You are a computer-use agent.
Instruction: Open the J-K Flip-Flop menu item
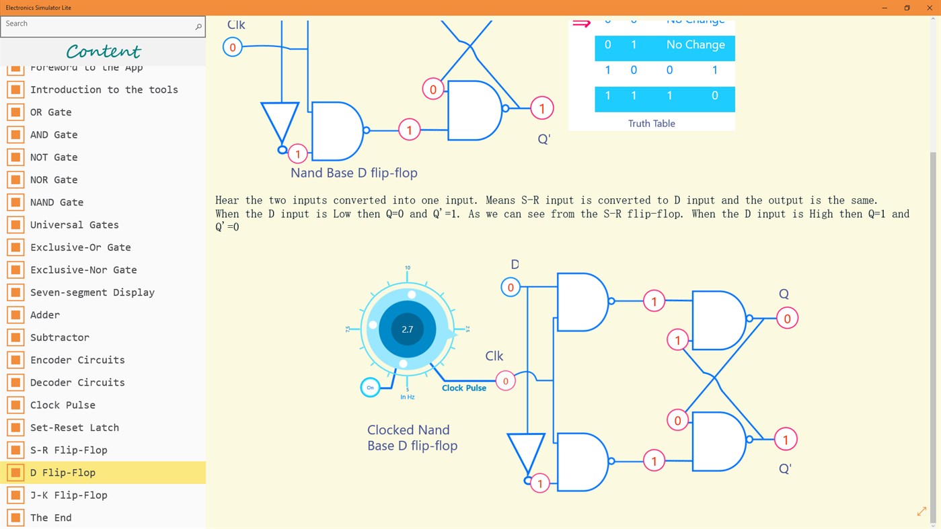[69, 495]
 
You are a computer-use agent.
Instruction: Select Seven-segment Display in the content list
[92, 292]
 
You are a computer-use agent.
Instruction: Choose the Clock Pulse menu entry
[63, 405]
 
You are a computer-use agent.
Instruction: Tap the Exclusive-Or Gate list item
[80, 247]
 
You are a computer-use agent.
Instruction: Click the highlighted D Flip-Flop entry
[63, 473]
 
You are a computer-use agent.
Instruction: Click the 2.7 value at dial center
[407, 329]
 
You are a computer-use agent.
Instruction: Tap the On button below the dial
[370, 388]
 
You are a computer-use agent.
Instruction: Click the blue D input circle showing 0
[511, 288]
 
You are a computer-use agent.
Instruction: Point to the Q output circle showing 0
[787, 319]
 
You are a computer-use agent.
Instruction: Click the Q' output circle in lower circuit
[785, 440]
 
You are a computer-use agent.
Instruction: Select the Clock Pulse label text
[463, 388]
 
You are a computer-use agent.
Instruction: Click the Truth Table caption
[651, 124]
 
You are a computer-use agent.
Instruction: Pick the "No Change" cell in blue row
[695, 45]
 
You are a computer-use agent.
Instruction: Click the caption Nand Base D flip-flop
[354, 173]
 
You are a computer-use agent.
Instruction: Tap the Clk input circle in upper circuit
[233, 47]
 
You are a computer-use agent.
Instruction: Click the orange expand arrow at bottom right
[921, 512]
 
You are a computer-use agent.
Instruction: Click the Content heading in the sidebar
[104, 52]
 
